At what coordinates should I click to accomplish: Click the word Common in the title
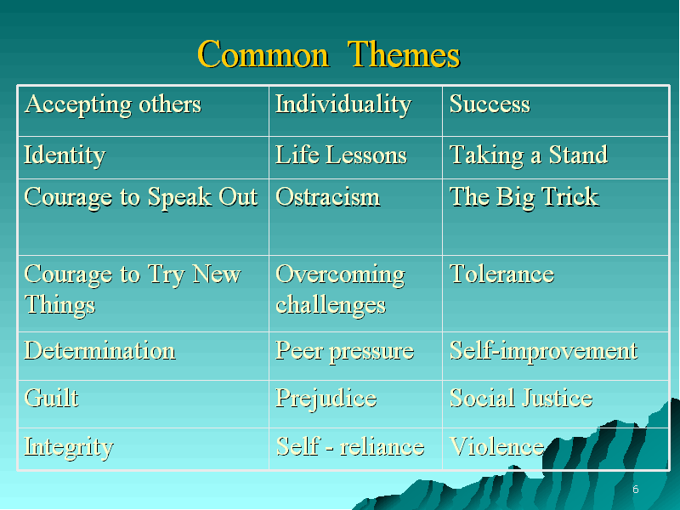(263, 54)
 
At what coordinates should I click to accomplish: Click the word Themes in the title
(404, 54)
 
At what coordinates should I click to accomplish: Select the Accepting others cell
(144, 111)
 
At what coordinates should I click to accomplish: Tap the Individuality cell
(355, 111)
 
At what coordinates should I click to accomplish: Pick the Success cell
(555, 111)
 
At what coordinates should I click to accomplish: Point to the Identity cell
(144, 158)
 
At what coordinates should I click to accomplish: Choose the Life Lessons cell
(355, 158)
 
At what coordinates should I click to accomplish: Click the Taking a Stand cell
(555, 158)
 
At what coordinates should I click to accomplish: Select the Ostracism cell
(355, 218)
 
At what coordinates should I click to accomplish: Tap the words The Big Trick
(524, 197)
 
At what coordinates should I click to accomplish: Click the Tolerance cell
(555, 294)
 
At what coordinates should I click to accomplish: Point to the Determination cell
(144, 356)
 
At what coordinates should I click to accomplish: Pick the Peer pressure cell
(355, 356)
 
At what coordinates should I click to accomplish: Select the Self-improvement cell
(555, 356)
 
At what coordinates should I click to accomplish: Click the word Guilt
(52, 398)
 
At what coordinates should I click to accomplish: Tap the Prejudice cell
(355, 405)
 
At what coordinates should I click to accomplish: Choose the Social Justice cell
(555, 405)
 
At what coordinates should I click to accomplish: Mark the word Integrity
(69, 448)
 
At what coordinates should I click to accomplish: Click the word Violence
(497, 447)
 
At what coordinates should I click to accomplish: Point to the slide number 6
(635, 490)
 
